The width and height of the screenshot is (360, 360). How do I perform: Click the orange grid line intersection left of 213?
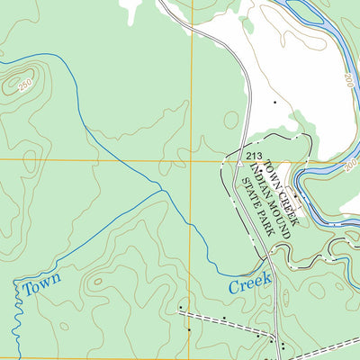(x=192, y=159)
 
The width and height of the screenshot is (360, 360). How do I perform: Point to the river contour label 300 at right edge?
(x=351, y=166)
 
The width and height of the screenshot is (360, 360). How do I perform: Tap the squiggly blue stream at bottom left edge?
(x=14, y=324)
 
